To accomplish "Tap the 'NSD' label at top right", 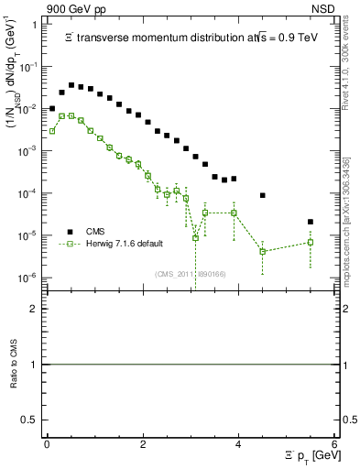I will [324, 6].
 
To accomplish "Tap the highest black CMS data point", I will [71, 85].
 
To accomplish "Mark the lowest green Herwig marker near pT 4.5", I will [263, 251].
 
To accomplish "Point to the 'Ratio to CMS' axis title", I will [14, 364].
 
